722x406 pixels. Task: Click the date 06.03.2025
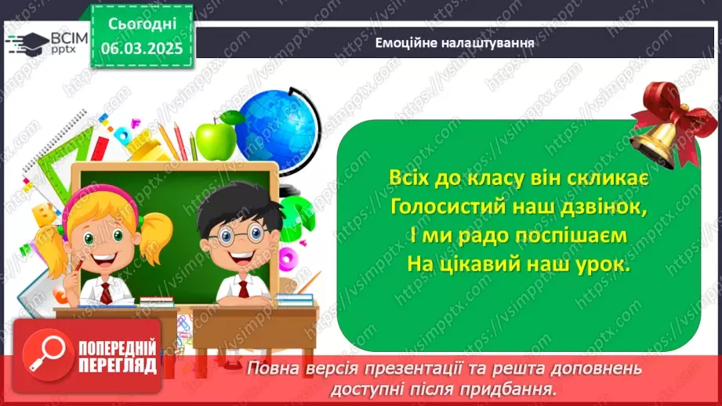142,47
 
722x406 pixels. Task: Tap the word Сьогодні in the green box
142,24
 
